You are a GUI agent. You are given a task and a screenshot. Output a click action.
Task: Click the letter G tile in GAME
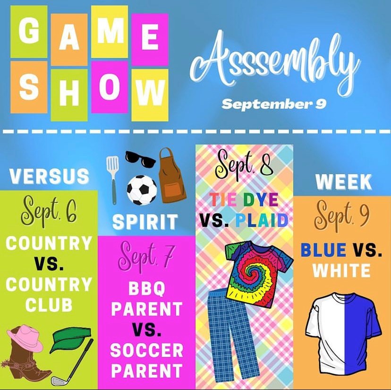pos(29,32)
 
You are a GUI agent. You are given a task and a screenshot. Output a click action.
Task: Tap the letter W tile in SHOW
pos(150,95)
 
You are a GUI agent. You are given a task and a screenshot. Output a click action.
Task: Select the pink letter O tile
pos(110,87)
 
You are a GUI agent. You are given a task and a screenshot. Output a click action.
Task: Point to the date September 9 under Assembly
pos(274,104)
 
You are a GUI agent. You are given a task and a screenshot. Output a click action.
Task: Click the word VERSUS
pos(50,176)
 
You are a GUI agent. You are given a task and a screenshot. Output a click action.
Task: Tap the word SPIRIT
pos(145,222)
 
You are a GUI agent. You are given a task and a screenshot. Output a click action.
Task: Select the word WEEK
pos(344,182)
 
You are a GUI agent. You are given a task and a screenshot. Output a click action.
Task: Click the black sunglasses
pos(140,159)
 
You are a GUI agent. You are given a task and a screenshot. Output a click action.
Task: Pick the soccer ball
pos(142,190)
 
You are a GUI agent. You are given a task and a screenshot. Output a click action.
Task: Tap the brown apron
pos(172,176)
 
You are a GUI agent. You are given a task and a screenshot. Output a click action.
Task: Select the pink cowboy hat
pos(25,338)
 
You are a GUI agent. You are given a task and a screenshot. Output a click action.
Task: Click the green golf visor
pos(70,339)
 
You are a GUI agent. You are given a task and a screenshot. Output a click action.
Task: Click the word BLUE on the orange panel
pos(323,250)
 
